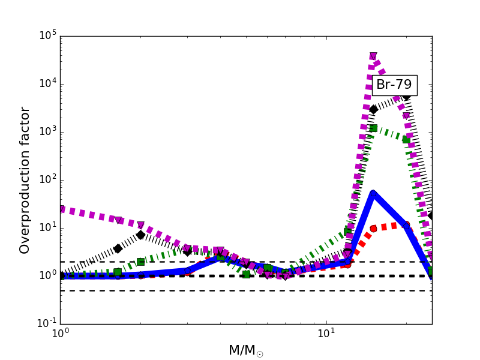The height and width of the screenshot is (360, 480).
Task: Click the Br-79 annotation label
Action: pyautogui.click(x=394, y=85)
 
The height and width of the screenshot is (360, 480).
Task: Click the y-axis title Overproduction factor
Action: pyautogui.click(x=25, y=180)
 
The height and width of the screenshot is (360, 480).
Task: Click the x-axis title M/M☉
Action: pyautogui.click(x=245, y=350)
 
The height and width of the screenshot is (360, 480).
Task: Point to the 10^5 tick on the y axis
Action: pyautogui.click(x=47, y=35)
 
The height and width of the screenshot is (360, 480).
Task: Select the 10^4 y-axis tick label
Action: pyautogui.click(x=47, y=83)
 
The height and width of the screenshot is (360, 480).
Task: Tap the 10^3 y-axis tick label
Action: pyautogui.click(x=47, y=131)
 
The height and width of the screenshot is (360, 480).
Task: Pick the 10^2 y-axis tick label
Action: pyautogui.click(x=47, y=179)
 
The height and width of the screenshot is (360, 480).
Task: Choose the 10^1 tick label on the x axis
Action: pyautogui.click(x=326, y=333)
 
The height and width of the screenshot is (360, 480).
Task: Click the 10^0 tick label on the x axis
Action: pyautogui.click(x=60, y=333)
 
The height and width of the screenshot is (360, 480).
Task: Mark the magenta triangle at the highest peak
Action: pyautogui.click(x=373, y=56)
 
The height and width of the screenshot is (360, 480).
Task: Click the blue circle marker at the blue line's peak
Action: pyautogui.click(x=373, y=193)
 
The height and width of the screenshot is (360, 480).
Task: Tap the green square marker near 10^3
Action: pyautogui.click(x=373, y=128)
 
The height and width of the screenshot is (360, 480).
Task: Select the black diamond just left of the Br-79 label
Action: pyautogui.click(x=373, y=109)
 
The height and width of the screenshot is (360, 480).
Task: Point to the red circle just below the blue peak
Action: pyautogui.click(x=373, y=229)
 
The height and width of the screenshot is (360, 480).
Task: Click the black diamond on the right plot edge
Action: pyautogui.click(x=431, y=215)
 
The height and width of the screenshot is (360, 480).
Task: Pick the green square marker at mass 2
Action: pyautogui.click(x=140, y=262)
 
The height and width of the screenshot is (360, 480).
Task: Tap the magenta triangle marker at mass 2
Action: pyautogui.click(x=140, y=226)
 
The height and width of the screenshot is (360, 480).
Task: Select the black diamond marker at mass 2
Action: pyautogui.click(x=140, y=235)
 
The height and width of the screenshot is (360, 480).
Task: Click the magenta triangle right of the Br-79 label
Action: pyautogui.click(x=406, y=116)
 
